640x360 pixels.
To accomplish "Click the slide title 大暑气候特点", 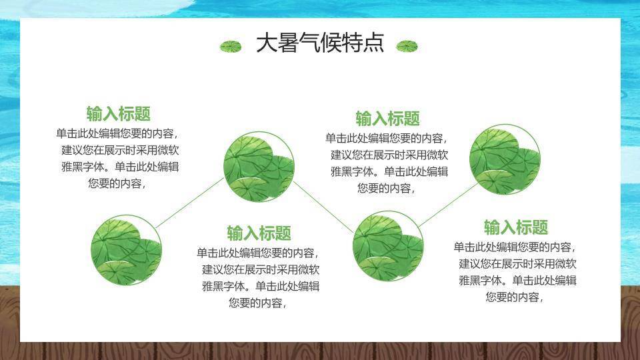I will (320, 43).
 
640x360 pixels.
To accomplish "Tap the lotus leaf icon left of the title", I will (231, 46).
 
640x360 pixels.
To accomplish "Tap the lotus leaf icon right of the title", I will (407, 46).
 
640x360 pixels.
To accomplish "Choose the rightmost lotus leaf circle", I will (504, 158).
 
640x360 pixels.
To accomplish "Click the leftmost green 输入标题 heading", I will (118, 113).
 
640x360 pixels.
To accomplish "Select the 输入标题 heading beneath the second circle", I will (259, 233).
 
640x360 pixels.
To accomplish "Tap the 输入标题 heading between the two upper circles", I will (387, 119).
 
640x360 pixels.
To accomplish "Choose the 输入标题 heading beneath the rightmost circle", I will (516, 227).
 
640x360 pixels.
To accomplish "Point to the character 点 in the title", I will (374, 43).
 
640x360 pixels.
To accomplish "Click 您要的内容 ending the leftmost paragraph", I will (117, 183).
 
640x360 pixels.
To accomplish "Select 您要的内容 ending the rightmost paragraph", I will (515, 297).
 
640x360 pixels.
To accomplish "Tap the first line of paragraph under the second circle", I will (258, 253).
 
